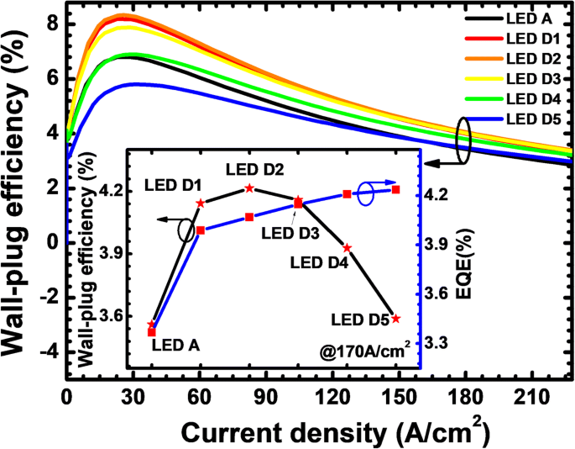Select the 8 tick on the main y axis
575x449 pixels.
pos(50,24)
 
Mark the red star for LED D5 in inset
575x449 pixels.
pos(395,319)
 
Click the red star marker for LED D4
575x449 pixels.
pos(347,248)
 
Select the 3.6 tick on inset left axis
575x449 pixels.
pos(107,316)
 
